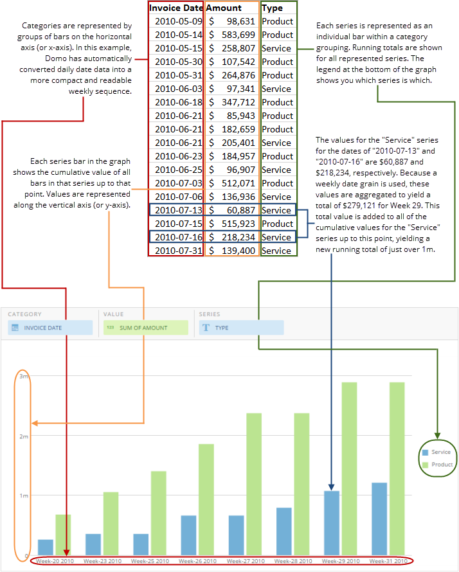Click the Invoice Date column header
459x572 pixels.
175,8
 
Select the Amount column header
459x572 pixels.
224,8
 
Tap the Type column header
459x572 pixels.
273,8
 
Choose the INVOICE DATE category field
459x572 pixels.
51,328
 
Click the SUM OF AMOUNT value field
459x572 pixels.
145,328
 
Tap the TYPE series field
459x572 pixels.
241,328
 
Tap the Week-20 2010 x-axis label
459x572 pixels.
55,561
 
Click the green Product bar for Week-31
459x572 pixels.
397,469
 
